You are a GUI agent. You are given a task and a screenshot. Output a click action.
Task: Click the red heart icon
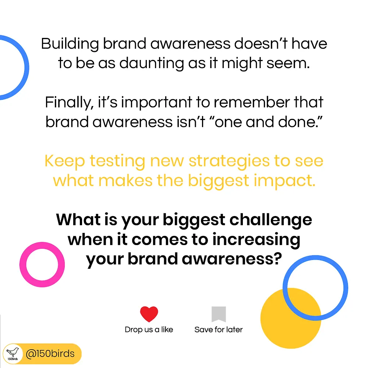[x=149, y=314]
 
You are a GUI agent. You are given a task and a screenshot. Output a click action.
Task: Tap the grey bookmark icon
[x=219, y=314]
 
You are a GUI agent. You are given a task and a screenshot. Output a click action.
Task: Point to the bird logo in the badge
[x=13, y=353]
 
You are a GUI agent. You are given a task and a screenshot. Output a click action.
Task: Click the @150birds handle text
[x=50, y=354]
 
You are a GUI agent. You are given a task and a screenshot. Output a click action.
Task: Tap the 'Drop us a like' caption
[x=149, y=329]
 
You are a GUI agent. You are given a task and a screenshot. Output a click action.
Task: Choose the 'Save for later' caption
[x=219, y=329]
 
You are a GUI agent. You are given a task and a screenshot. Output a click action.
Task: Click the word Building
[x=70, y=44]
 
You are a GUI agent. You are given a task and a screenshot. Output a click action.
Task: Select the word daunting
[x=152, y=64]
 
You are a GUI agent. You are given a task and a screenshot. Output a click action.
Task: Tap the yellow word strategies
[x=229, y=162]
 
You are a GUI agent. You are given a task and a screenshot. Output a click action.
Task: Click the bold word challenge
[x=270, y=220]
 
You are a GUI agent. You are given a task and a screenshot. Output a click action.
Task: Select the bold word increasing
[x=256, y=240]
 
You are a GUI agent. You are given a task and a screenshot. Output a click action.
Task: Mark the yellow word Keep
[x=65, y=162]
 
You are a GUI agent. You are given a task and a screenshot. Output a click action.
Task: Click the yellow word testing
[x=118, y=162]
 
